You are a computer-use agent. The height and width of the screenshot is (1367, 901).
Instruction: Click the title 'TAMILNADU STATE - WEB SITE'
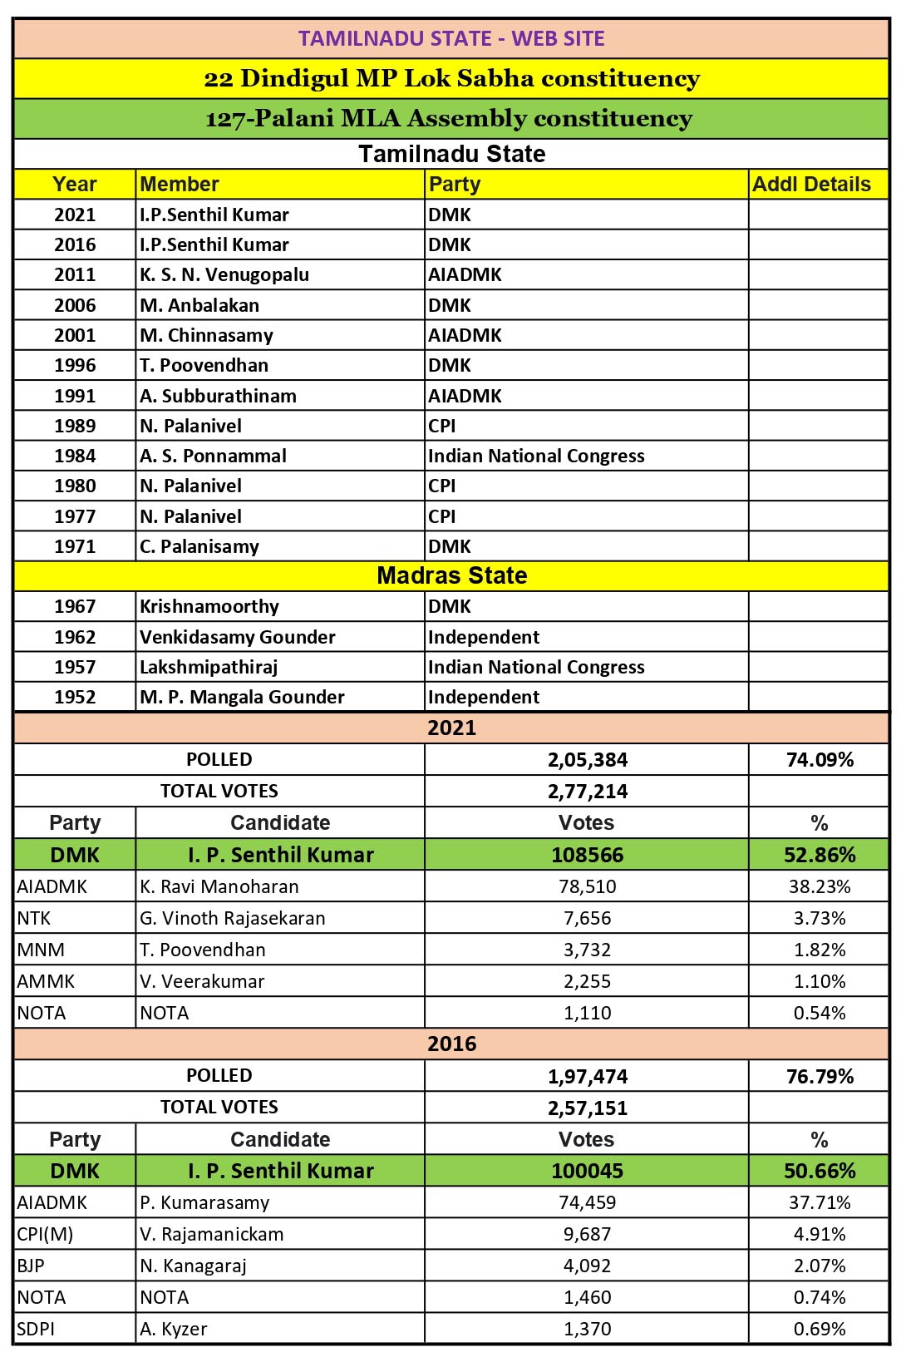(451, 39)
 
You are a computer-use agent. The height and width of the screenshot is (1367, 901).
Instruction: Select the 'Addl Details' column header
(811, 185)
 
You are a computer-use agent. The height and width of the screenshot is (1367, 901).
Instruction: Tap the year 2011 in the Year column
(75, 275)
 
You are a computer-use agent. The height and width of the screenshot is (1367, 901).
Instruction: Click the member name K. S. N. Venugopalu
(224, 275)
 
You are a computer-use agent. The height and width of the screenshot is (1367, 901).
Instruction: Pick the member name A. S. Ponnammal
(213, 456)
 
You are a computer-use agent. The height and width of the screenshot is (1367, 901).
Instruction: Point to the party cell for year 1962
(484, 638)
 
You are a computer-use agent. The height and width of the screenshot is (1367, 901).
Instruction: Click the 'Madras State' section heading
(451, 575)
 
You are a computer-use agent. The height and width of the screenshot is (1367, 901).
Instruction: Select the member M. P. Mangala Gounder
(242, 698)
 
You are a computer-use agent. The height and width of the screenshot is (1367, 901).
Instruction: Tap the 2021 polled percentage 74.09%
(820, 760)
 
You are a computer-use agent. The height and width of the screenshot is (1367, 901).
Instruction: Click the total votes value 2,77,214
(588, 792)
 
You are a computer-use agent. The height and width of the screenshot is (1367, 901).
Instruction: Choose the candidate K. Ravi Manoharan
(219, 887)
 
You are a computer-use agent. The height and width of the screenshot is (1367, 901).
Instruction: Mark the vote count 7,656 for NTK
(588, 919)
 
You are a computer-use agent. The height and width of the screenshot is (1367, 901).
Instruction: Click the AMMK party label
(46, 982)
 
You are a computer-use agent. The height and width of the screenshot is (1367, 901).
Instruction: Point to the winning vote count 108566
(588, 855)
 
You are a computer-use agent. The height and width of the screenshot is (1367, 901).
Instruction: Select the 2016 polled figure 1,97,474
(588, 1077)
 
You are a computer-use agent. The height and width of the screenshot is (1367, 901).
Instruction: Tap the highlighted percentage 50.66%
(820, 1172)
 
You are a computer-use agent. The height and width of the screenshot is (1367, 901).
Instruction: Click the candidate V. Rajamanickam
(212, 1235)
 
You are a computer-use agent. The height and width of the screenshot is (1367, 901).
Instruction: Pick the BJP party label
(31, 1266)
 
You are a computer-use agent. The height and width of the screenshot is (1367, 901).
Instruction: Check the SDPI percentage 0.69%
(820, 1330)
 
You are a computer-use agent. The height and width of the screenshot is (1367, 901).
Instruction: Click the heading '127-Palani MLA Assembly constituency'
(449, 119)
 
